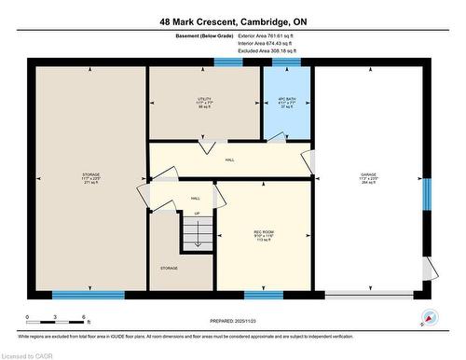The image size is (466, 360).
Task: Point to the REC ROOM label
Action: pyautogui.click(x=265, y=234)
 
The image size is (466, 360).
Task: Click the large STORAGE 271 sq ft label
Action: pyautogui.click(x=90, y=177)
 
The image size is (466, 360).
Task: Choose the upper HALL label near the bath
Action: pyautogui.click(x=229, y=159)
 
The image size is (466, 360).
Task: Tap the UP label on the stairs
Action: pyautogui.click(x=197, y=214)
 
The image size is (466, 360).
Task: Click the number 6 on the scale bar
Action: pyautogui.click(x=84, y=318)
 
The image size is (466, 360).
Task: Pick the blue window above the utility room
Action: pyautogui.click(x=227, y=62)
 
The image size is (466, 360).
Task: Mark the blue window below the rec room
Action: pyautogui.click(x=264, y=295)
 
